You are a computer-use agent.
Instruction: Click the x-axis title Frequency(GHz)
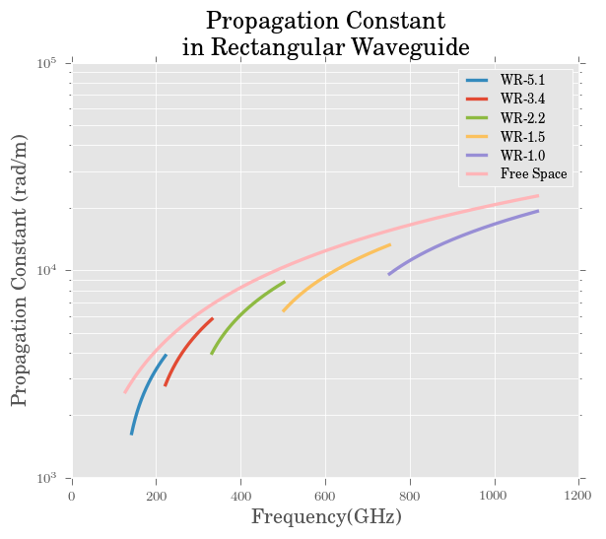[326, 517]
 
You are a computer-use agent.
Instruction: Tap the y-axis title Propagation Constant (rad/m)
[19, 271]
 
